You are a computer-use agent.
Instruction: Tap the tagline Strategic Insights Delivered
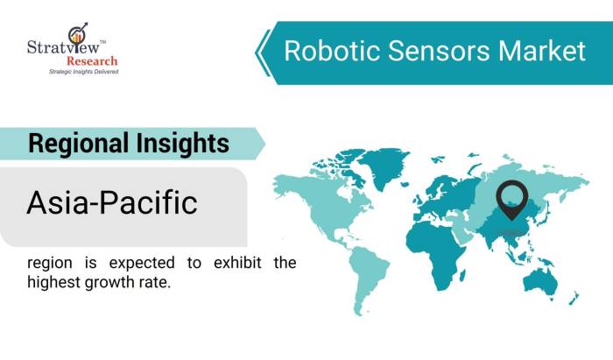pyautogui.click(x=83, y=72)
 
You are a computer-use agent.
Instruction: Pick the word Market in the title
pyautogui.click(x=541, y=51)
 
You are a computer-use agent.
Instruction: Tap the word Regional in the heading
pyautogui.click(x=77, y=143)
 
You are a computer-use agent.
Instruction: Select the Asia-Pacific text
pyautogui.click(x=111, y=203)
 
